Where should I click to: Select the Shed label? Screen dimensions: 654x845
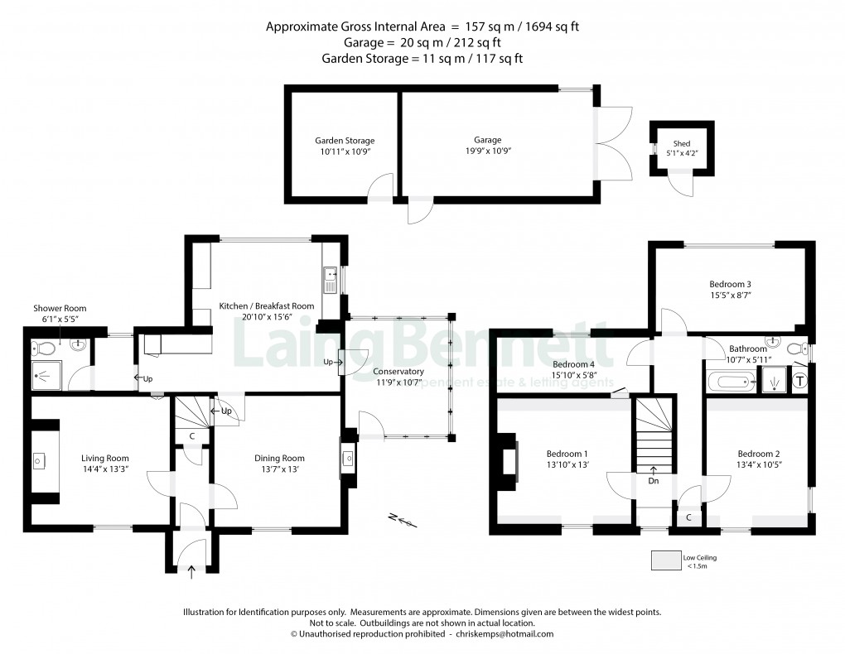point(681,144)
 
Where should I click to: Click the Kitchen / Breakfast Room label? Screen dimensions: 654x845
point(267,306)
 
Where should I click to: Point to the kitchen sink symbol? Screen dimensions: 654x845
point(331,279)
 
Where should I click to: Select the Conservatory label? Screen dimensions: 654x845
point(398,372)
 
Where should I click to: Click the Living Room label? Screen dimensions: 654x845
point(104,458)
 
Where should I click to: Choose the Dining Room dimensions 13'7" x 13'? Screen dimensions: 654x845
point(278,470)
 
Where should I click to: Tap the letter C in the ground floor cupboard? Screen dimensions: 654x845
point(192,435)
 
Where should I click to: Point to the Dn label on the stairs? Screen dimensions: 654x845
point(654,480)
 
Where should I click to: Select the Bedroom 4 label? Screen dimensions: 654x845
point(573,365)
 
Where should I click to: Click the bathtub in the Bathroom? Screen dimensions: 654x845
point(731,382)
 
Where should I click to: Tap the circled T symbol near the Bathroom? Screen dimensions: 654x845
point(800,382)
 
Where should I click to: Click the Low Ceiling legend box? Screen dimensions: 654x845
point(664,561)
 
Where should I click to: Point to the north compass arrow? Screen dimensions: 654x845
point(403,520)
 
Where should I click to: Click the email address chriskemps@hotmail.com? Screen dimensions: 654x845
point(501,633)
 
